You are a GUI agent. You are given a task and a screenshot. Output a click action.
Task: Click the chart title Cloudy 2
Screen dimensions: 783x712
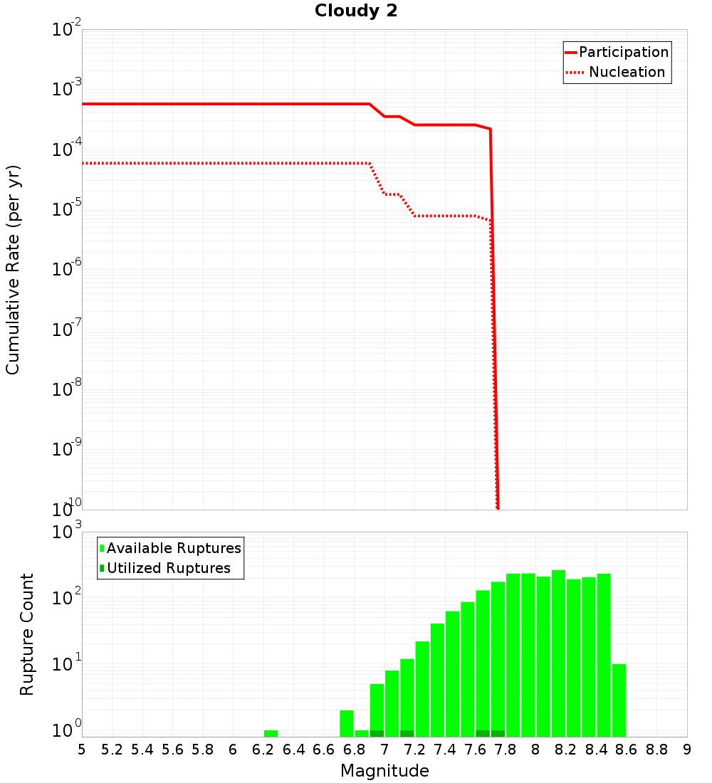(356, 11)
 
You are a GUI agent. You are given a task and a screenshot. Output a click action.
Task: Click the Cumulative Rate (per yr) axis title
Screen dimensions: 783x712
(13, 270)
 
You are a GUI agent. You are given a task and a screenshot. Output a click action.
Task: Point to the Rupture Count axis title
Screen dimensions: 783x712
(27, 634)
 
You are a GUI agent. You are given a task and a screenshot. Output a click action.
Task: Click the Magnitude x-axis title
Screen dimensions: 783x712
(384, 771)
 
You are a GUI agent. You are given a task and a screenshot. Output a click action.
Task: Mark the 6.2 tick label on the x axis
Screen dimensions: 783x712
(263, 750)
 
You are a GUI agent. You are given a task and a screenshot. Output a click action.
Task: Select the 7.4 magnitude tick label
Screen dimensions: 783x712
(445, 750)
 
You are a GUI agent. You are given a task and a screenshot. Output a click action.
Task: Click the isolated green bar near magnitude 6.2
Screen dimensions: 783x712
(271, 733)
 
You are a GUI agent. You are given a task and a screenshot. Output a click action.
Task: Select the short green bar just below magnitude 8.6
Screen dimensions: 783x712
(619, 700)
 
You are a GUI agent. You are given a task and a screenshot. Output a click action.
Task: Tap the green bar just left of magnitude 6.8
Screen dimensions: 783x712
(347, 723)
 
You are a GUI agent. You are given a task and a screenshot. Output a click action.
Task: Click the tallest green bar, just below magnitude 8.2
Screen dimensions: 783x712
(558, 653)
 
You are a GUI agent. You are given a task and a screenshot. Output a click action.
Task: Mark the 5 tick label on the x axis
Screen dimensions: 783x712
(82, 750)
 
